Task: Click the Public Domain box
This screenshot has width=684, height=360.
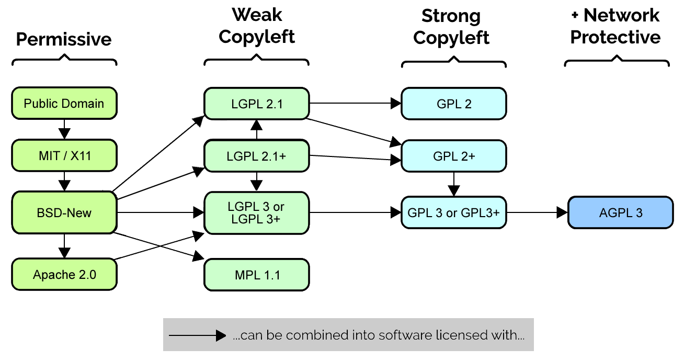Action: coord(64,104)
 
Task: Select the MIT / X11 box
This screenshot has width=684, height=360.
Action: coord(64,155)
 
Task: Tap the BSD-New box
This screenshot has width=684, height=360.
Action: coord(64,212)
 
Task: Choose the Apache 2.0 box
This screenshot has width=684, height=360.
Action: coord(64,275)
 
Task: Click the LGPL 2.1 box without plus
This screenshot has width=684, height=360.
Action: coord(256,104)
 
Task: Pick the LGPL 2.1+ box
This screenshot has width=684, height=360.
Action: coord(256,155)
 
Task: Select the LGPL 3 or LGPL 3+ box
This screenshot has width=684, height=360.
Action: coord(256,213)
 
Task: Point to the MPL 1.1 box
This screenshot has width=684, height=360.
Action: coord(256,275)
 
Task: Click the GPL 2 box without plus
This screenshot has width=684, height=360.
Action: coord(453,104)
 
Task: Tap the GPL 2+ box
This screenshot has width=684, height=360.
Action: coord(453,155)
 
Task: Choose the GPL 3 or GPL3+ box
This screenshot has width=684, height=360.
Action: coord(453,212)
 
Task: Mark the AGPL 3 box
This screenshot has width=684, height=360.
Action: coord(620,212)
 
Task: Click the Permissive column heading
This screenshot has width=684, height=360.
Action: coord(64,39)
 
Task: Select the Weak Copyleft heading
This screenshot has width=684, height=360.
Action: coord(256,26)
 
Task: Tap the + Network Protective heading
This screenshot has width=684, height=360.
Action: coord(615,26)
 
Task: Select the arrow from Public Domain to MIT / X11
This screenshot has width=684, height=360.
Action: coord(64,129)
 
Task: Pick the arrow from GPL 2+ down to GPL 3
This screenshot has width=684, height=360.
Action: coord(453,183)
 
